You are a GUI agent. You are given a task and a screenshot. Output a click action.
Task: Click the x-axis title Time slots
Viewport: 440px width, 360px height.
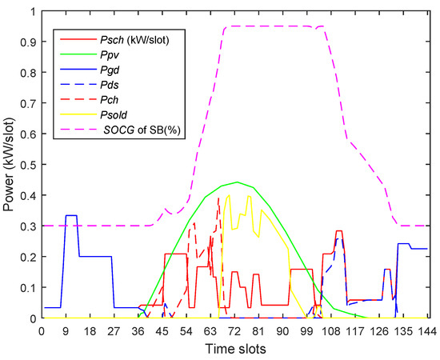pyautogui.click(x=236, y=349)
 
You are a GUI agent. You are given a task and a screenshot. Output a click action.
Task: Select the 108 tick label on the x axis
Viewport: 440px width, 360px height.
pyautogui.click(x=331, y=330)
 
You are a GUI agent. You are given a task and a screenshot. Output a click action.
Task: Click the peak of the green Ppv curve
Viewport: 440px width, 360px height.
pyautogui.click(x=237, y=182)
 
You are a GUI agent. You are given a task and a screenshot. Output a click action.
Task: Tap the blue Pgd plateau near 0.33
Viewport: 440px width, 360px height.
pyautogui.click(x=70, y=216)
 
